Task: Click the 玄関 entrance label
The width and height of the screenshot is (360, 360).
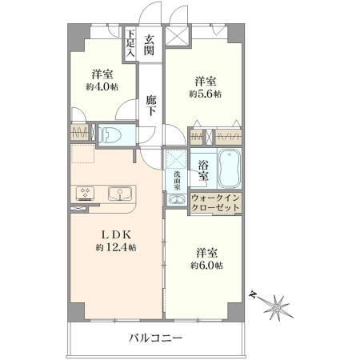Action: pyautogui.click(x=149, y=45)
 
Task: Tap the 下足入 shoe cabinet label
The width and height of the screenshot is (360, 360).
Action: pyautogui.click(x=130, y=43)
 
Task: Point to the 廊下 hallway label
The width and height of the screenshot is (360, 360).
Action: pyautogui.click(x=151, y=106)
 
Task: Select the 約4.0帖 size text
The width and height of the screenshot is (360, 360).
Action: pyautogui.click(x=102, y=87)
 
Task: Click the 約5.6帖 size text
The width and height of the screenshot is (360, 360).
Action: pyautogui.click(x=206, y=94)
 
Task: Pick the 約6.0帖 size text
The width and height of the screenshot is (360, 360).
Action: pyautogui.click(x=206, y=266)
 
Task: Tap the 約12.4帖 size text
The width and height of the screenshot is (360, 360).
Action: pyautogui.click(x=116, y=247)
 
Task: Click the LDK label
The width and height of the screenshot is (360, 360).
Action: pyautogui.click(x=117, y=235)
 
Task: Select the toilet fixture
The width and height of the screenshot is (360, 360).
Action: pyautogui.click(x=110, y=134)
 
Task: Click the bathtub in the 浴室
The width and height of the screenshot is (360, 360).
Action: pyautogui.click(x=230, y=169)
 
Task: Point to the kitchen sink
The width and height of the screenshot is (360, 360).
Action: pyautogui.click(x=120, y=194)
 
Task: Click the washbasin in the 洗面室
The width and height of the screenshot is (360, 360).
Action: pyautogui.click(x=176, y=199)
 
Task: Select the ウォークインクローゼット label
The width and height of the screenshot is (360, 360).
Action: pyautogui.click(x=215, y=202)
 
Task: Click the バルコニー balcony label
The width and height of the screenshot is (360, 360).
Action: pyautogui.click(x=156, y=338)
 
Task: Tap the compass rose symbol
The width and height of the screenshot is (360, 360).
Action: pyautogui.click(x=278, y=308)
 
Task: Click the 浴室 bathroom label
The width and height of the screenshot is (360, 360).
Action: pyautogui.click(x=203, y=171)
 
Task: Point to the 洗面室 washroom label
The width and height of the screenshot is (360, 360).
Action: pyautogui.click(x=177, y=181)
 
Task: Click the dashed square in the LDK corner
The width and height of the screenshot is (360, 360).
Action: pyautogui.click(x=82, y=154)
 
